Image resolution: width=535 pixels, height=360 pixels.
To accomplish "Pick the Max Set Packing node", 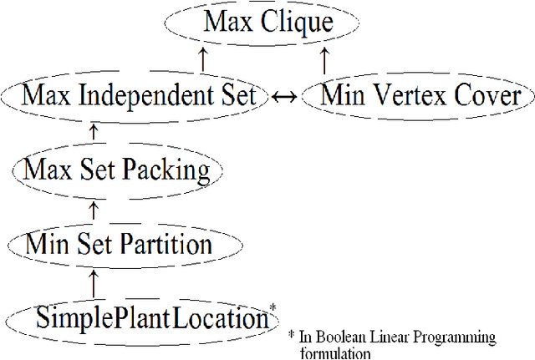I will (117, 170).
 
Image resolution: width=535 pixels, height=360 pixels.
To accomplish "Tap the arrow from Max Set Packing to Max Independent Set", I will (94, 132).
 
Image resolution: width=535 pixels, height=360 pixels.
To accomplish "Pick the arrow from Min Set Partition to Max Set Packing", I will (94, 206).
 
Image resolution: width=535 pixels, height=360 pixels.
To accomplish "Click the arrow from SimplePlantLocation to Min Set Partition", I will (94, 281).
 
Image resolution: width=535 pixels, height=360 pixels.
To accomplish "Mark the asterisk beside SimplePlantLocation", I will (273, 308).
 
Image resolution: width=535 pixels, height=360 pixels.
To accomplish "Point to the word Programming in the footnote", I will (457, 337).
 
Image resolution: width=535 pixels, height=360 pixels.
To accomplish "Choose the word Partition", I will (168, 245).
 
